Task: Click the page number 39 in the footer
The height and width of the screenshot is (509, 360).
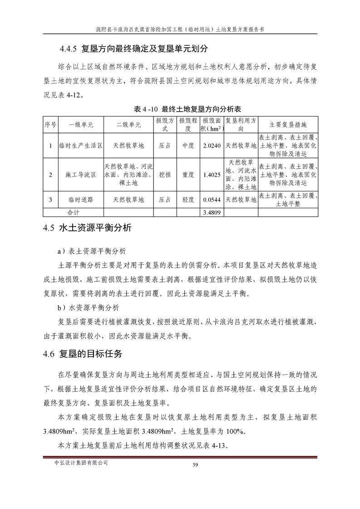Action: click(196, 464)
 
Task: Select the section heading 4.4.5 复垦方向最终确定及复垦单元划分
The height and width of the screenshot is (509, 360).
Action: click(134, 48)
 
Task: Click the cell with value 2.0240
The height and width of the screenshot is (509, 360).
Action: click(212, 146)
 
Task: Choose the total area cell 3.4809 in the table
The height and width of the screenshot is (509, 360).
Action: click(212, 212)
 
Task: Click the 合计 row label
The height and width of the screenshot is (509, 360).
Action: click(73, 212)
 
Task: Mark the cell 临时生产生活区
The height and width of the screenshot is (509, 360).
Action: click(80, 146)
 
